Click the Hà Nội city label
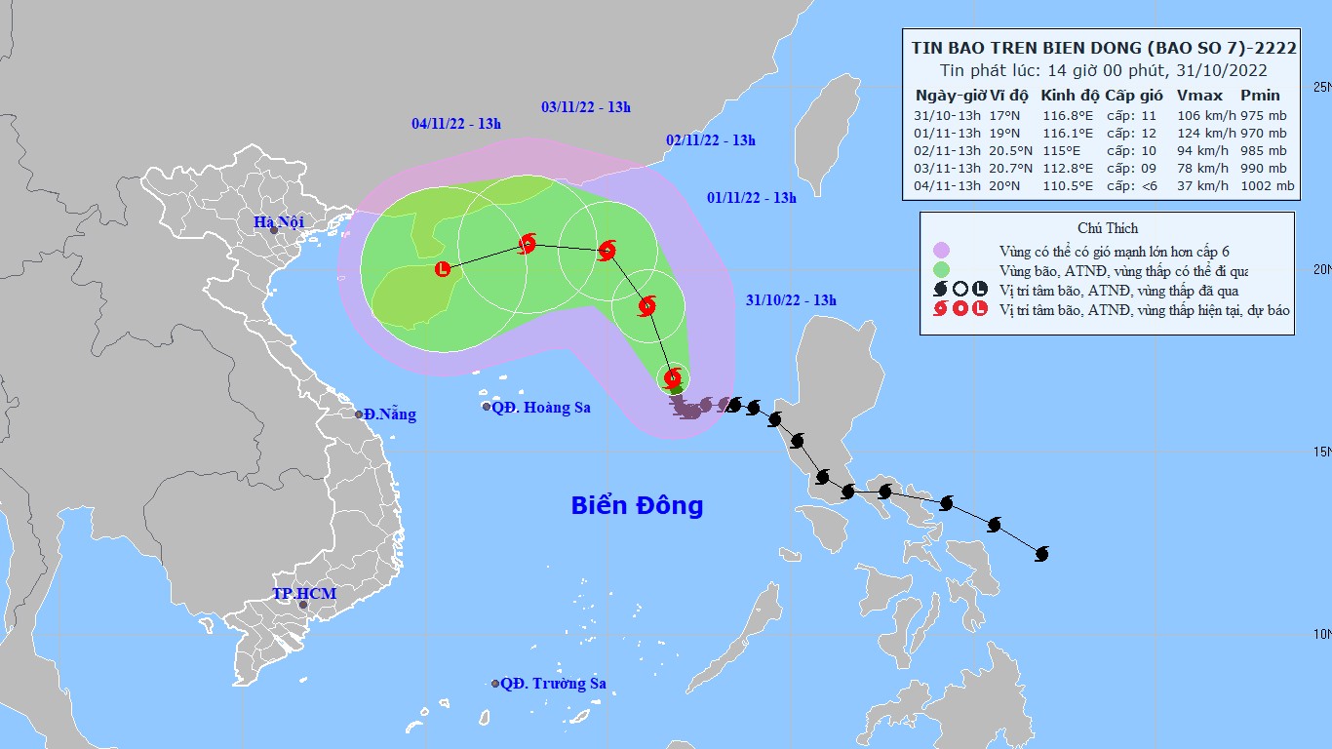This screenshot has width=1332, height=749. click(x=278, y=222)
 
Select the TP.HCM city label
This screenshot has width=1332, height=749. click(x=303, y=594)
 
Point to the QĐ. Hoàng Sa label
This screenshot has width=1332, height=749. click(x=540, y=408)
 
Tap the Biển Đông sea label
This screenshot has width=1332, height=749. click(x=637, y=505)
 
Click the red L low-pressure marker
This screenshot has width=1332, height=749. click(x=443, y=268)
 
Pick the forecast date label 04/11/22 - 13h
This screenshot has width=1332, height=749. click(x=455, y=124)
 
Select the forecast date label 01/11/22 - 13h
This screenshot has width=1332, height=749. click(x=751, y=198)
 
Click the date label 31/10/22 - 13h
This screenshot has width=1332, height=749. click(x=791, y=300)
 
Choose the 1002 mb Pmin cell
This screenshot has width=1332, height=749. click(x=1268, y=185)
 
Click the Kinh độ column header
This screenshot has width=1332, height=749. click(x=1070, y=96)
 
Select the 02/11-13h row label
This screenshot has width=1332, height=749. click(x=947, y=150)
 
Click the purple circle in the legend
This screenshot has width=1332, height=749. click(x=941, y=251)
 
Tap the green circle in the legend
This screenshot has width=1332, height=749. click(x=941, y=270)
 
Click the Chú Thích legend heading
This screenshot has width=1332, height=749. click(x=1107, y=228)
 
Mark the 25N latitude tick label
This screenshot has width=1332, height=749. click(x=1322, y=87)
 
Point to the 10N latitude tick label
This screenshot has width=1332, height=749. click(x=1322, y=634)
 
